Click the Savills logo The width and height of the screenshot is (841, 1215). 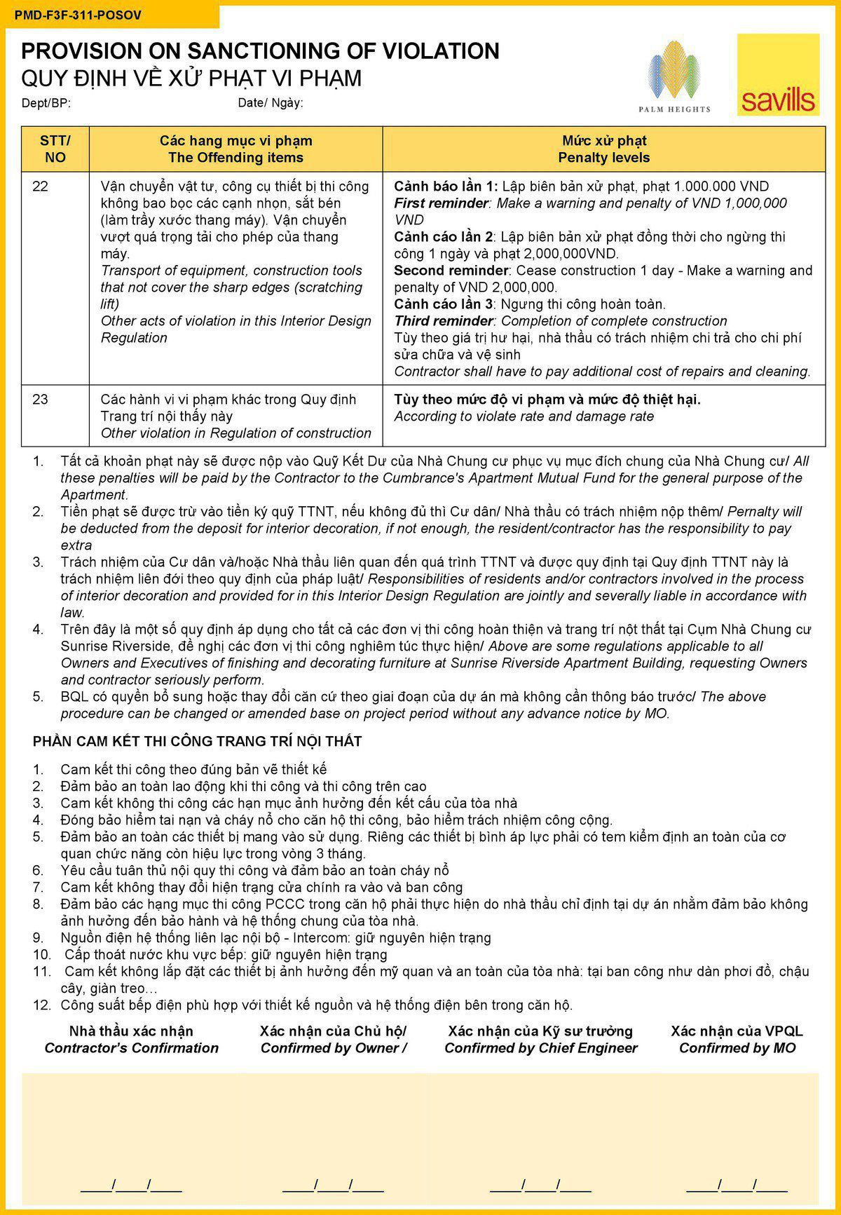tap(778, 75)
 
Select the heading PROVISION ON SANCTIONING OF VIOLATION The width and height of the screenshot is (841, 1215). tap(260, 50)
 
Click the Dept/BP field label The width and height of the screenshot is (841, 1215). tap(46, 103)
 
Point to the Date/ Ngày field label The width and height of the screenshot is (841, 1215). tap(271, 103)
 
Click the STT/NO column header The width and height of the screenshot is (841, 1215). tap(55, 149)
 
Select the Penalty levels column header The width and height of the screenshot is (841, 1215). tap(603, 158)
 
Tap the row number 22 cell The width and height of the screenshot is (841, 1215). tap(41, 186)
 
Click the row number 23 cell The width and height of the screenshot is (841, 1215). tap(41, 400)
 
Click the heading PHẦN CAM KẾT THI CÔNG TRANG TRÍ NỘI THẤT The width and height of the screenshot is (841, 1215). tap(197, 741)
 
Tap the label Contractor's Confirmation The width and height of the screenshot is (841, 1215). tap(131, 1048)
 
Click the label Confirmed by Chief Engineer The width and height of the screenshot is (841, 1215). tap(540, 1048)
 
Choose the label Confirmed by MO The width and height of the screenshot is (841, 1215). tap(737, 1048)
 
